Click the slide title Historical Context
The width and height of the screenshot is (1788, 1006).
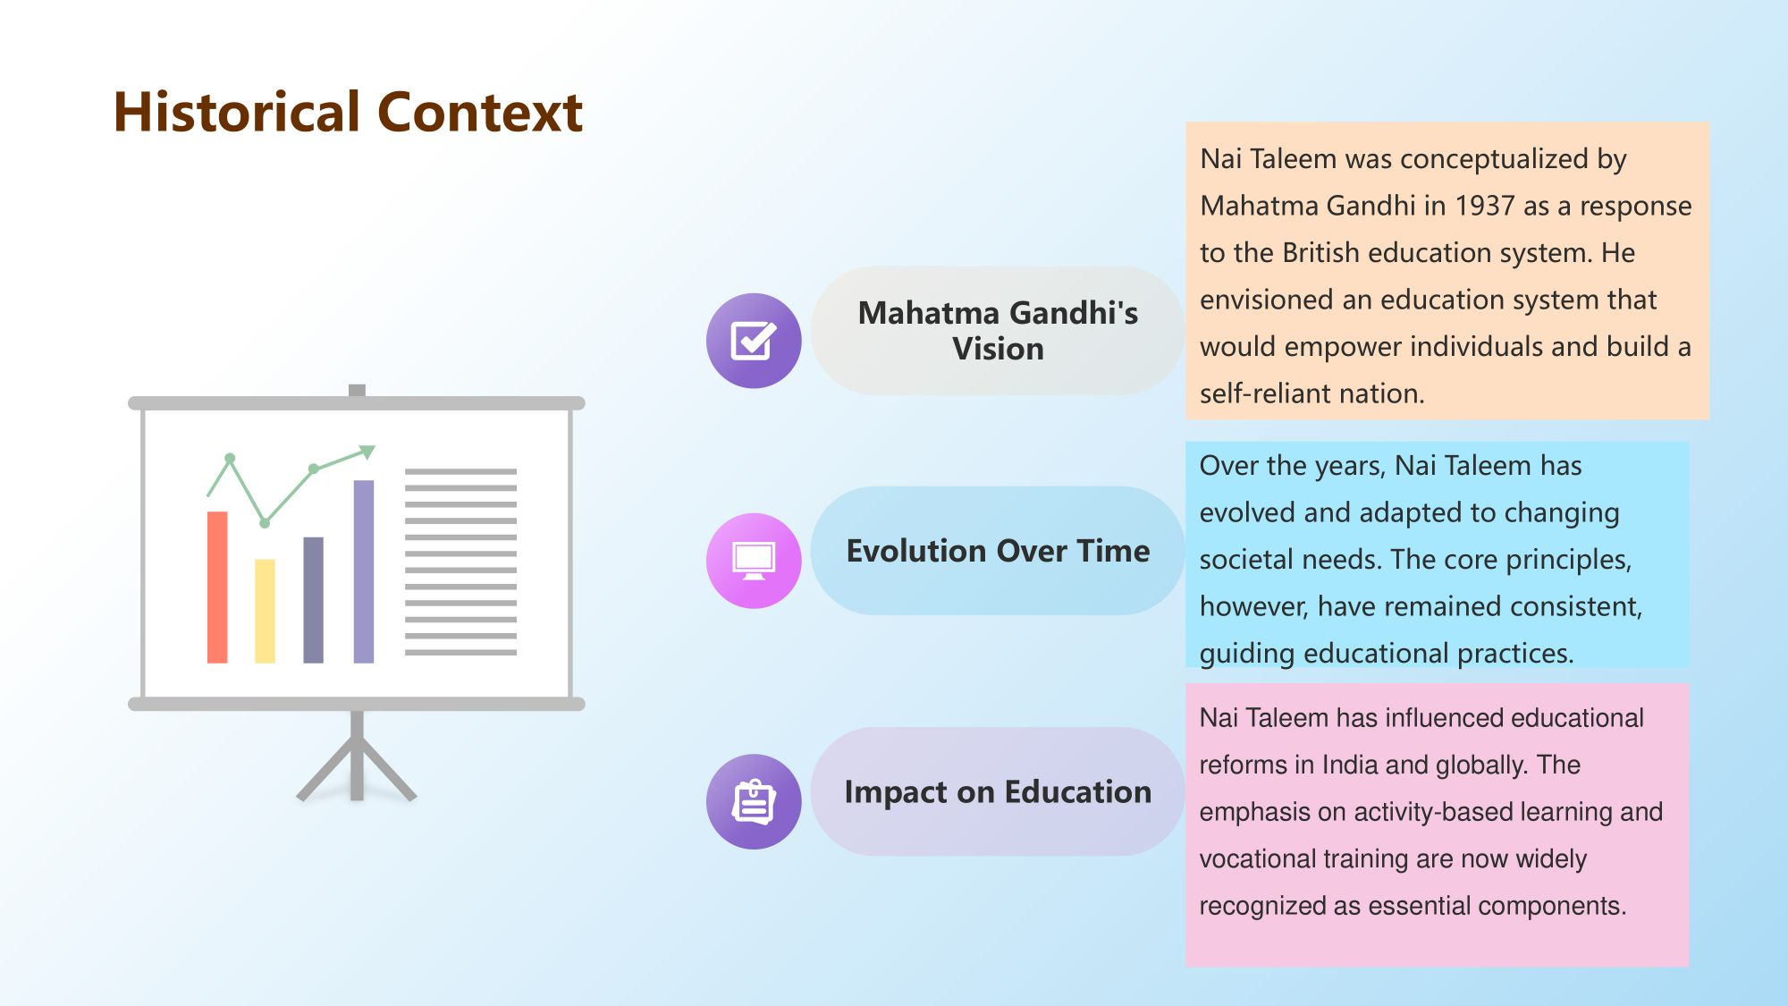348,112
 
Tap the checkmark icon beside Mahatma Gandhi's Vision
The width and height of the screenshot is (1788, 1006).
754,341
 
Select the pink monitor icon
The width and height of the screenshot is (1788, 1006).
754,561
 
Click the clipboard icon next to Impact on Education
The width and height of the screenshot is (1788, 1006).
754,801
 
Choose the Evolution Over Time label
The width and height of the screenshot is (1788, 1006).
998,551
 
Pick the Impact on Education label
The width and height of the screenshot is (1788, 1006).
998,792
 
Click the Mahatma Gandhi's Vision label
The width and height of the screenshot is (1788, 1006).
998,330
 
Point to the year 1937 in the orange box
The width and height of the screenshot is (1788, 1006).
1484,206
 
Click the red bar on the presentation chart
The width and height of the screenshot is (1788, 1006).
217,588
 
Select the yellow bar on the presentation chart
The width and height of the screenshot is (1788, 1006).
266,612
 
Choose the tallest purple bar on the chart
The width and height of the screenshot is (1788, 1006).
364,572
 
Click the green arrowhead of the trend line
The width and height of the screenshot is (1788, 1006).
367,452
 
